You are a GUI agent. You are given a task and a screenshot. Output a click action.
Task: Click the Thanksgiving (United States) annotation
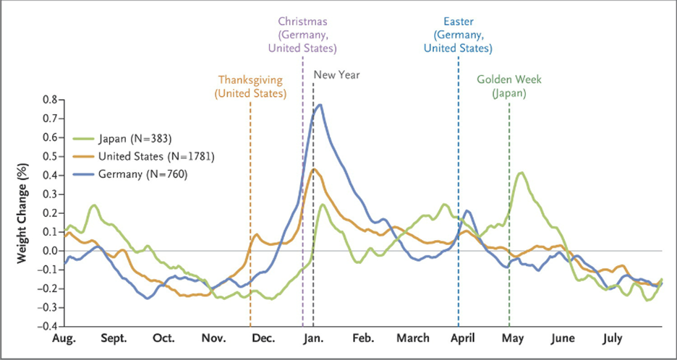250,87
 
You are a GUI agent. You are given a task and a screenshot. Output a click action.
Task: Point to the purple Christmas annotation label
302,34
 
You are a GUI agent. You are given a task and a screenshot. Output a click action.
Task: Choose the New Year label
336,74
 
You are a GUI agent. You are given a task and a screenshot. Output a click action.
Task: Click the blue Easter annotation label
458,34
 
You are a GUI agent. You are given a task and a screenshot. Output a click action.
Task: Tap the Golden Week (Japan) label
509,87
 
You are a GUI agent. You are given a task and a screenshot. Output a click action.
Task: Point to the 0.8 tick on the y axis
49,99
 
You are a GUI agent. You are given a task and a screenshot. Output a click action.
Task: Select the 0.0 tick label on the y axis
49,251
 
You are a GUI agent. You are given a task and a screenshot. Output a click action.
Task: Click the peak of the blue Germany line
319,105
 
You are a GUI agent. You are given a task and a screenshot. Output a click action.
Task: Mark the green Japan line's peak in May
521,173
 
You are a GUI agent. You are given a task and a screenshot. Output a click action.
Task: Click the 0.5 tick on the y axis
49,156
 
